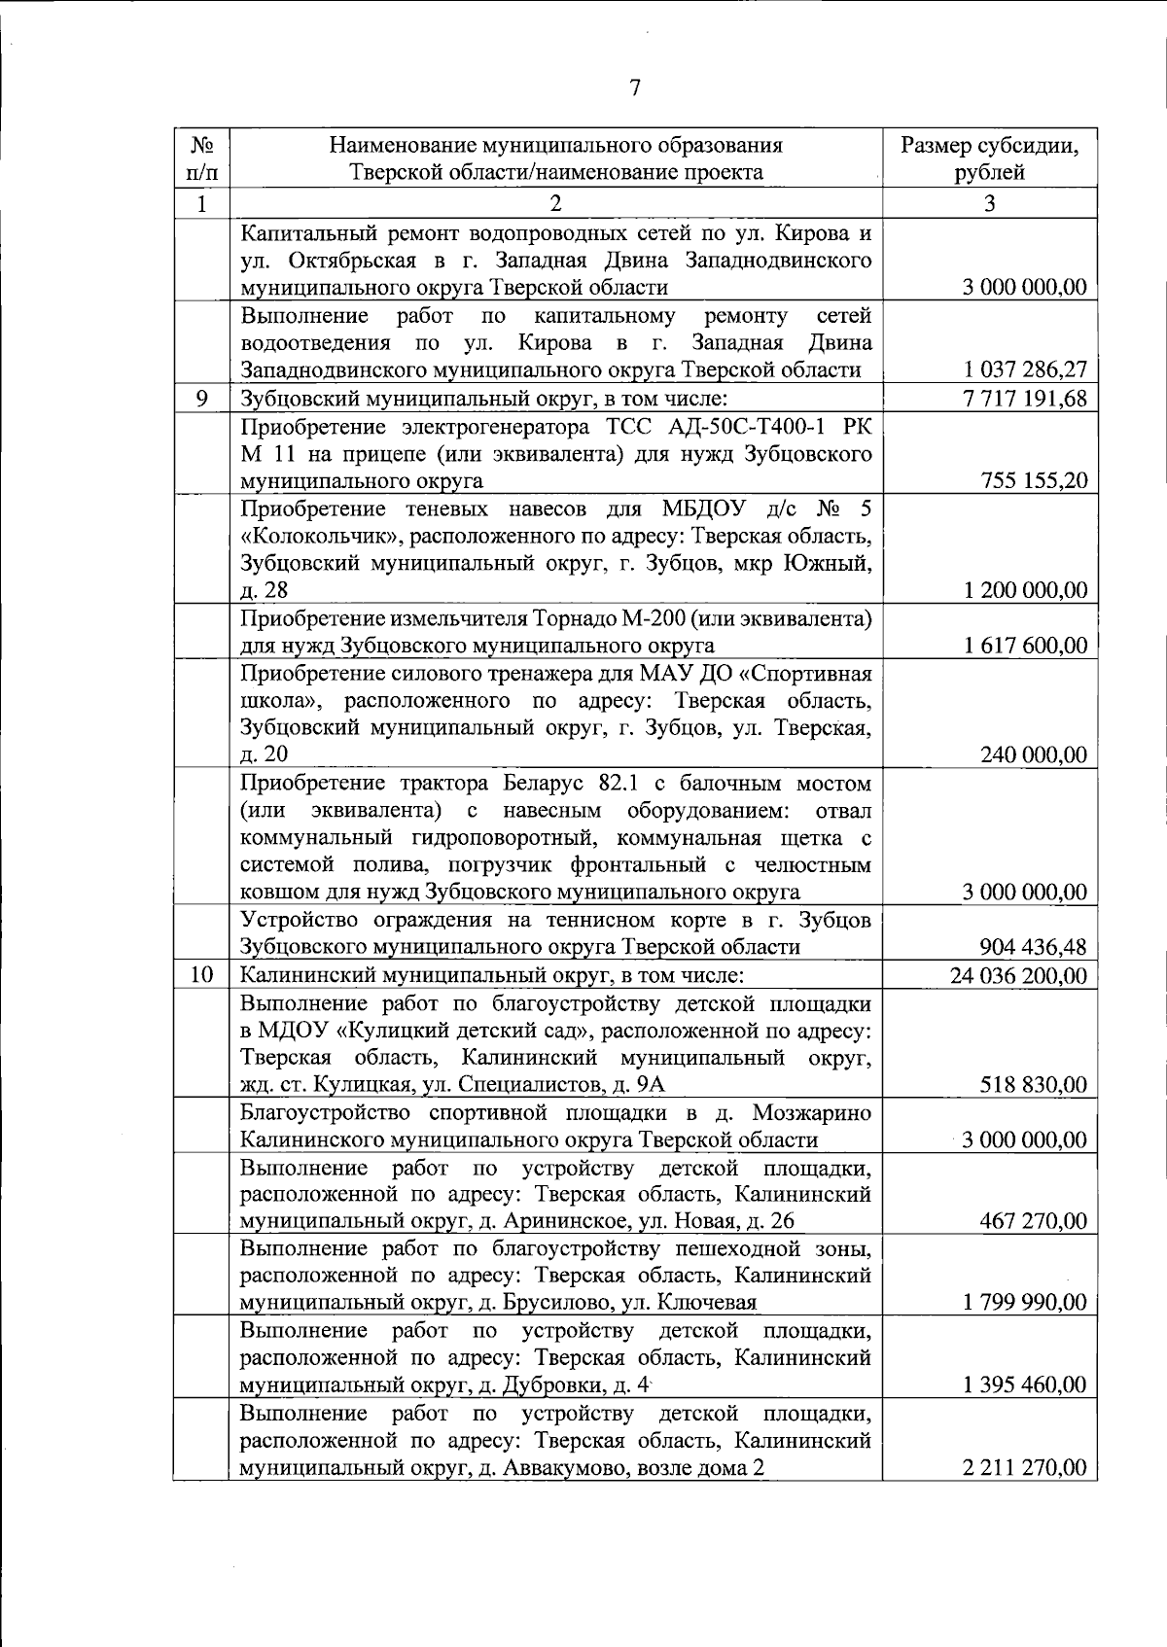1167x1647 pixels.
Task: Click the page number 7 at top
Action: pyautogui.click(x=634, y=88)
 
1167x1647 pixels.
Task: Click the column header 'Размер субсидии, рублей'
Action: pyautogui.click(x=989, y=159)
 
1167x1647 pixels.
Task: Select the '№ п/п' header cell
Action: pyautogui.click(x=201, y=159)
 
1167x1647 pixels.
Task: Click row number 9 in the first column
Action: pyautogui.click(x=201, y=398)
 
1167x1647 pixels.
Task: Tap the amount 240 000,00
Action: pyautogui.click(x=1034, y=754)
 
